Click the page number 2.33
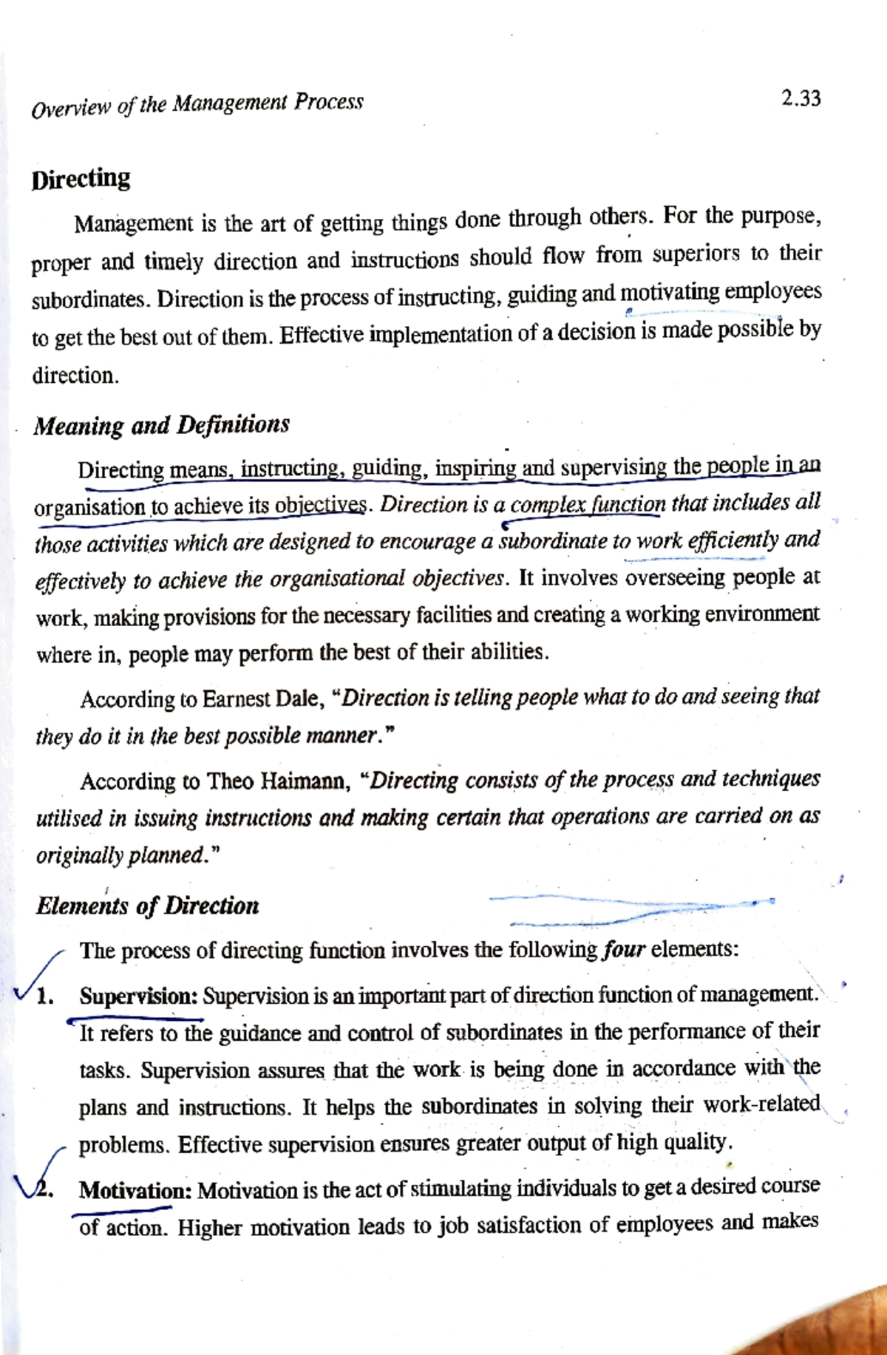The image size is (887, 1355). (x=801, y=98)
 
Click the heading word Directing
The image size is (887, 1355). (x=81, y=180)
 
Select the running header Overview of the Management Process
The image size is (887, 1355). (x=197, y=104)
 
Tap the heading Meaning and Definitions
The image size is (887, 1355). (x=161, y=425)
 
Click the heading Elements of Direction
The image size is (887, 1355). (x=147, y=906)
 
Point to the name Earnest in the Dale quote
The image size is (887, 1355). (x=237, y=699)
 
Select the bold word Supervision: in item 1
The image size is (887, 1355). (x=138, y=996)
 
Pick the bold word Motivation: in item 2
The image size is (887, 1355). (x=135, y=1190)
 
